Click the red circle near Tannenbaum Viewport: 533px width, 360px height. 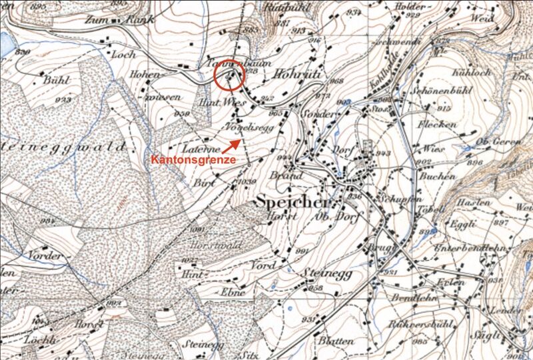[229, 75]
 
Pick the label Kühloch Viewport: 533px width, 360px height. [471, 71]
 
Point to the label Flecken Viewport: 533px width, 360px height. [437, 125]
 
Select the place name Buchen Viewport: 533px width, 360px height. [438, 176]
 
